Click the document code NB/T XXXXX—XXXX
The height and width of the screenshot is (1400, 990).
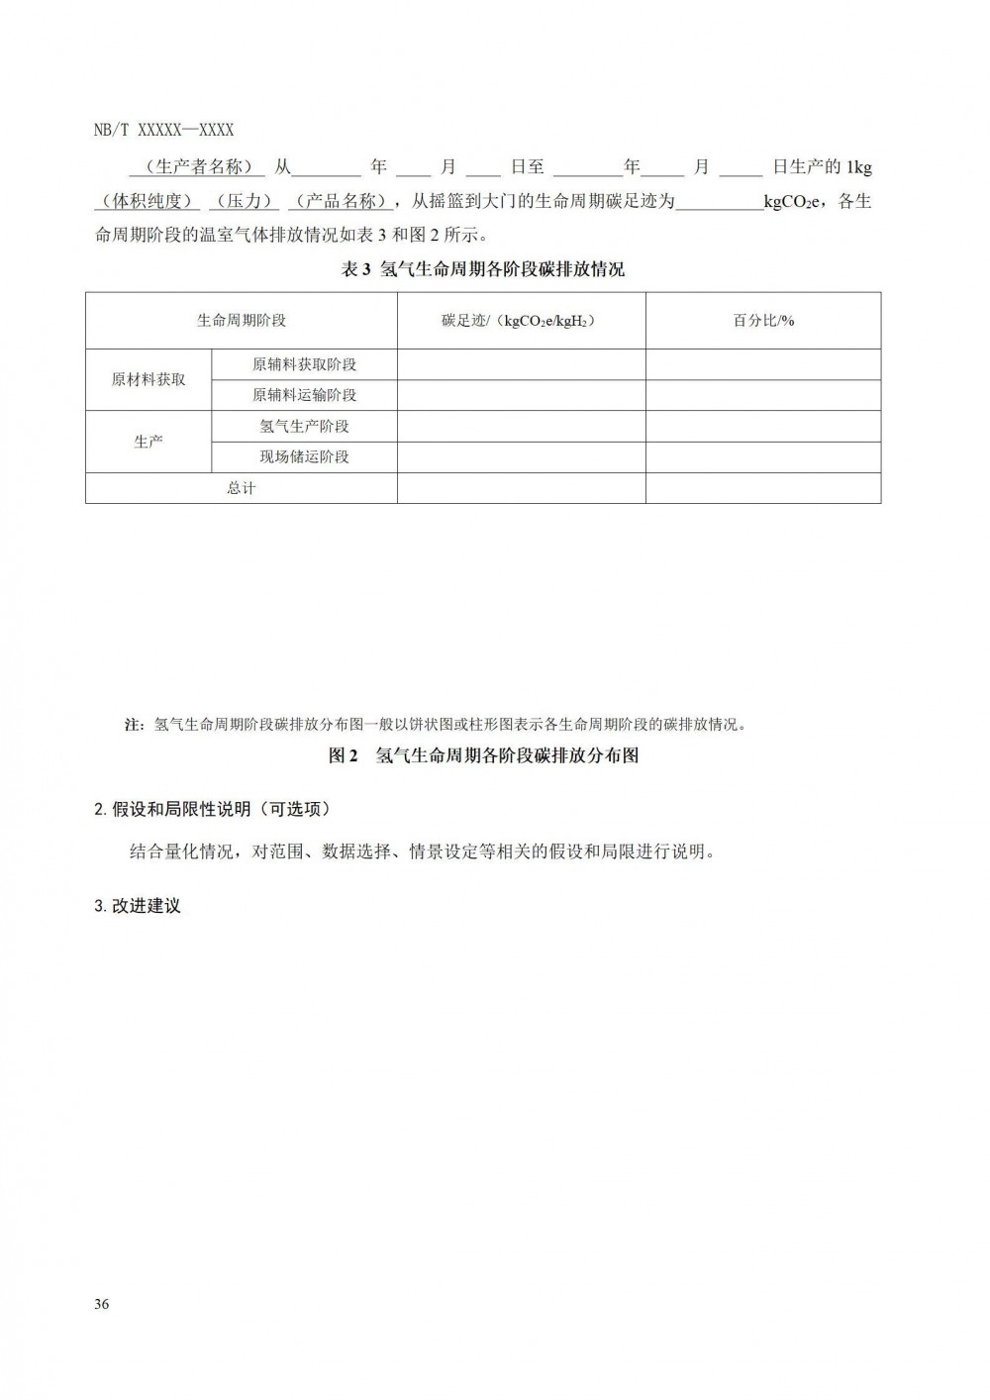(163, 130)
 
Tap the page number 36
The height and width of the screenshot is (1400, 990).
(102, 1304)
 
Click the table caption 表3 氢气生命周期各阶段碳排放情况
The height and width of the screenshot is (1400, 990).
(483, 269)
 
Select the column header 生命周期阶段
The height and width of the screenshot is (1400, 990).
(242, 321)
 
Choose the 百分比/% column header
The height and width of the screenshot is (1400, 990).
(763, 321)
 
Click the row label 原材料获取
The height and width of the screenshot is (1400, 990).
(148, 379)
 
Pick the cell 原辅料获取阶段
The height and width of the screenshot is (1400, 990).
(304, 364)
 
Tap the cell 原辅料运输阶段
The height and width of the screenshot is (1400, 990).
(304, 395)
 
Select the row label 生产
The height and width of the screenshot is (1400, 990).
(148, 442)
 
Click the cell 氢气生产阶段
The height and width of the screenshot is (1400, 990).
(304, 426)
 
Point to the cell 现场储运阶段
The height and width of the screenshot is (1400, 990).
(304, 456)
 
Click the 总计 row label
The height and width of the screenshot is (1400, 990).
(242, 488)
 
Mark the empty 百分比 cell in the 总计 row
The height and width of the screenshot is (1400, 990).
(763, 488)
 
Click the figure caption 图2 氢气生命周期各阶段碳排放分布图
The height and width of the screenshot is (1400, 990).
(483, 755)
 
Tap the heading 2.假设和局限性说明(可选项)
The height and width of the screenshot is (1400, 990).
(212, 809)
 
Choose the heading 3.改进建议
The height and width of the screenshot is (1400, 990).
(138, 905)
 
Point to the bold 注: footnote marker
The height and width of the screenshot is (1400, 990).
(135, 725)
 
